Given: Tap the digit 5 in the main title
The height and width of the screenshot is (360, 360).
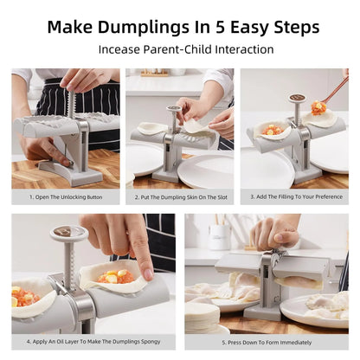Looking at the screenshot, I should (223, 26).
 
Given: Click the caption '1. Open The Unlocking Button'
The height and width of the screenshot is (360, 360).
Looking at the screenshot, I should (66, 196).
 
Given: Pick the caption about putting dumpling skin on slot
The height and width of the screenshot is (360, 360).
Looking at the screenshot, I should (179, 196).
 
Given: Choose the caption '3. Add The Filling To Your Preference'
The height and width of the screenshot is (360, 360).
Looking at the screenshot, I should (294, 196).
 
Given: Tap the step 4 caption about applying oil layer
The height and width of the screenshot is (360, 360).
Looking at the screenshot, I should (93, 342).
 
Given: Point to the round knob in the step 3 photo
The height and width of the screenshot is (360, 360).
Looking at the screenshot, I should (297, 100).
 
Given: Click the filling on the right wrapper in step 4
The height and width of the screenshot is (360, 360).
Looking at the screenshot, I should (116, 277).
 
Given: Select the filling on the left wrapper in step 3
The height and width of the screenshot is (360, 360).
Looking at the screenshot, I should (273, 131).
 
